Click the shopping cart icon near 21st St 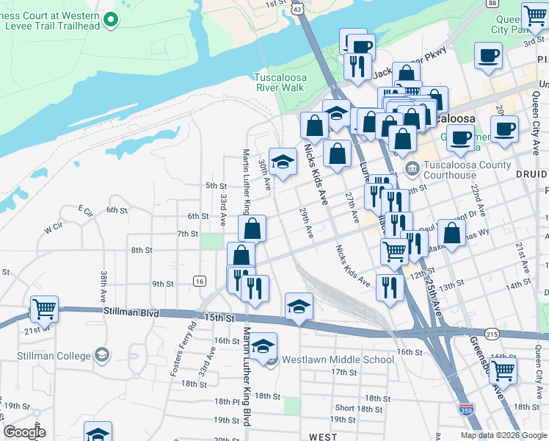pos(44,309)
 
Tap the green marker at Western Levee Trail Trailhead pos(111,20)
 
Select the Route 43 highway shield pos(297,8)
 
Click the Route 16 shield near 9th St pos(199,282)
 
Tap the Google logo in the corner pos(24,432)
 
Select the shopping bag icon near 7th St pos(252,228)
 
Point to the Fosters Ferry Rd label pos(185,348)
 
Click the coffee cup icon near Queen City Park pos(488,57)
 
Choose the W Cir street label pos(54,229)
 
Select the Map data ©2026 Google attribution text pos(503,435)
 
